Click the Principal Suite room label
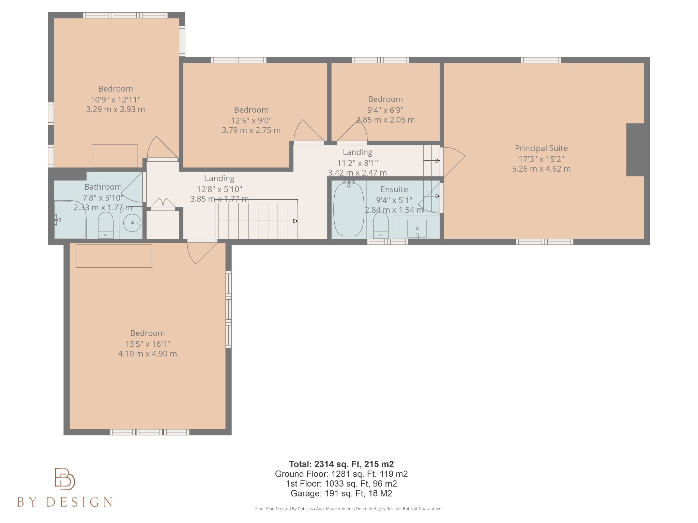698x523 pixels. pos(541,148)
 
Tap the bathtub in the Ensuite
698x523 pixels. pos(349,209)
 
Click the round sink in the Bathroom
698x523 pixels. pos(132,223)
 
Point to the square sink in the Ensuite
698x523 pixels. pos(417,228)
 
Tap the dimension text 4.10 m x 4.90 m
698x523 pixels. pos(147,354)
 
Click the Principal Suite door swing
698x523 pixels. pos(453,160)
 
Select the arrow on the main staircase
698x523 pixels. pos(295,221)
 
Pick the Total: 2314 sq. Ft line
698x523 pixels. pos(341,464)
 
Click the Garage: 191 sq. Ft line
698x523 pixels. pos(341,493)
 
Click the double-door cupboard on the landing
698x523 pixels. pos(163,204)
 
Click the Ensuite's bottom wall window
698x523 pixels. pos(388,242)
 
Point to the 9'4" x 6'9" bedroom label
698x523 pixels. pos(385,99)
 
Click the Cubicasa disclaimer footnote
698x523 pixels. pos(349,509)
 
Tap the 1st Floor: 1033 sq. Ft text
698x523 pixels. pos(341,484)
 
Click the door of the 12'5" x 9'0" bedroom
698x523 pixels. pos(308,133)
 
